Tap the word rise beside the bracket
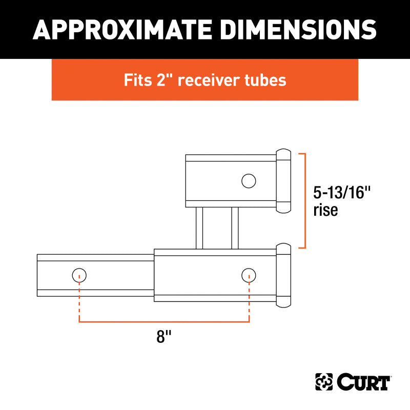click(325, 210)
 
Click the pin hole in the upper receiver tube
click(249, 180)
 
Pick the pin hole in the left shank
click(79, 275)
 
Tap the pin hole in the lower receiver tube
click(249, 275)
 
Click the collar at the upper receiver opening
click(283, 181)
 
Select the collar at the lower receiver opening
click(283, 275)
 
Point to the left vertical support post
click(198, 228)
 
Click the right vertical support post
click(235, 228)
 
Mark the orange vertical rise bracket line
click(305, 200)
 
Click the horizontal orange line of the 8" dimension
click(164, 322)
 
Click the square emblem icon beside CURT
click(324, 382)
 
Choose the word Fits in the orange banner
click(137, 80)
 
